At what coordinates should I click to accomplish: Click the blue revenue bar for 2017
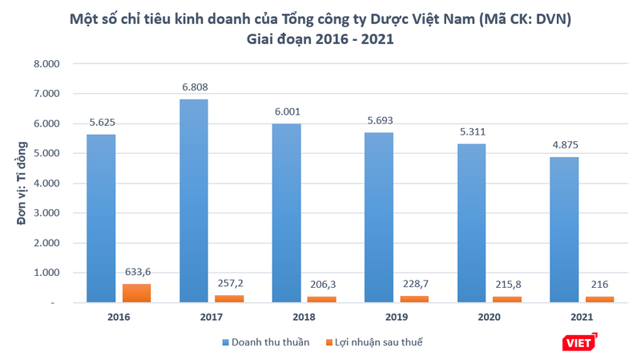point(193,200)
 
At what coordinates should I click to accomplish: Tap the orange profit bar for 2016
point(136,293)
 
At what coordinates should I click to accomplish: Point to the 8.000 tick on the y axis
point(46,63)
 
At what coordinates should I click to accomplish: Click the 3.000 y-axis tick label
point(46,213)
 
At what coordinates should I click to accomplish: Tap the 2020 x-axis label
point(488,317)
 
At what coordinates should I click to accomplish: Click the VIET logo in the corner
point(581,342)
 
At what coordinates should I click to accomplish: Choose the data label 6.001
point(286,114)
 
